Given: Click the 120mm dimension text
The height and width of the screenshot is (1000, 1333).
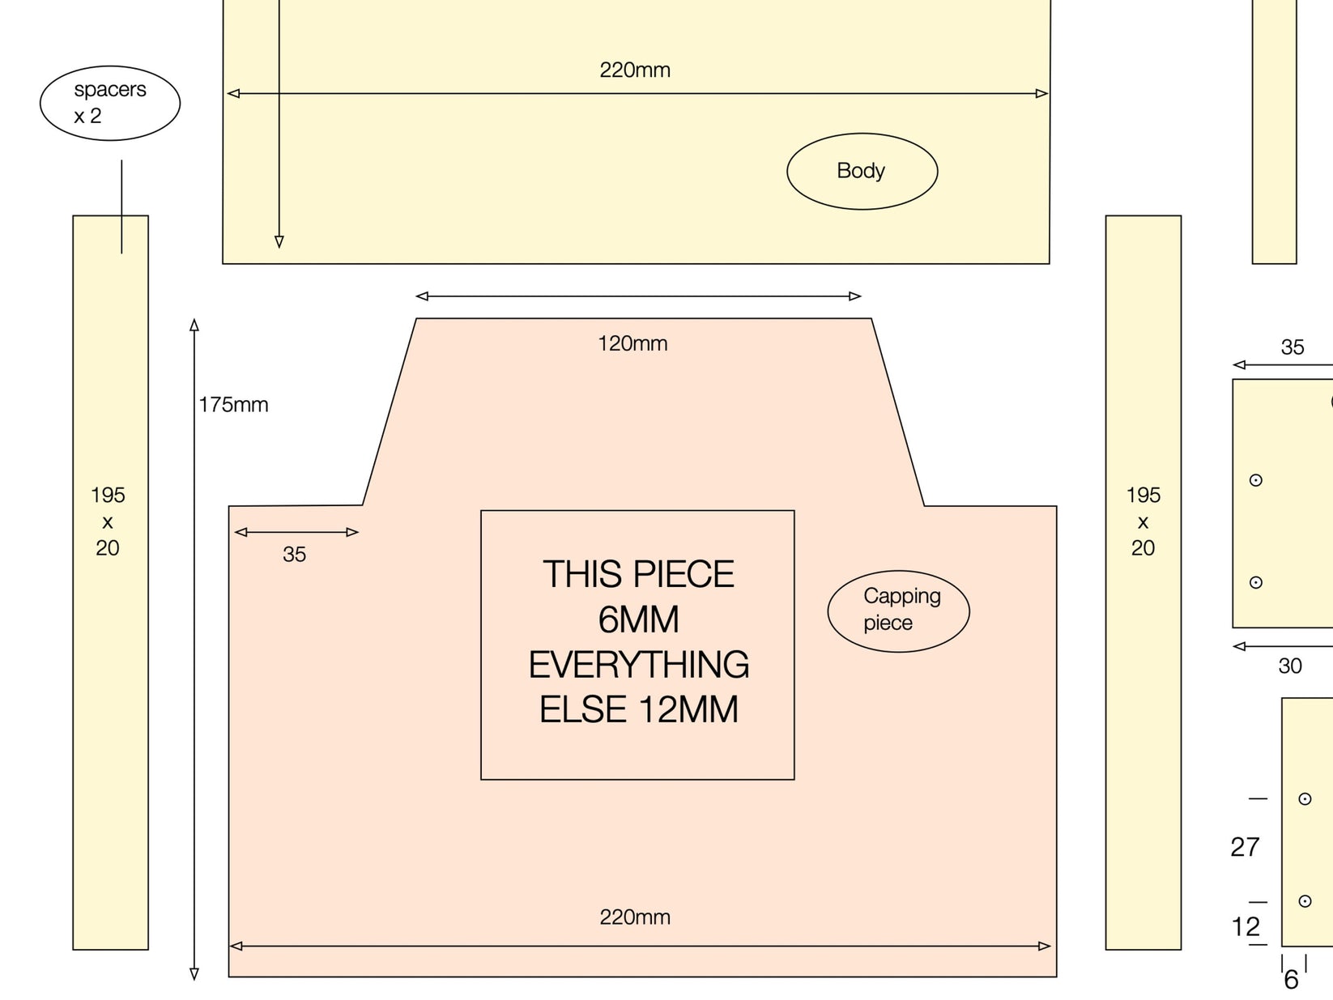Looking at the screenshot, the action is click(632, 343).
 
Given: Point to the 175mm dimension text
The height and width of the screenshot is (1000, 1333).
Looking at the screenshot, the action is click(234, 404).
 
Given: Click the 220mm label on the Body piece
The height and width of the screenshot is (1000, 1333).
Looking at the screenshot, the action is click(635, 70).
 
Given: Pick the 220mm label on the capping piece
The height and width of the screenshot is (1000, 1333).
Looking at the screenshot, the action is click(635, 917).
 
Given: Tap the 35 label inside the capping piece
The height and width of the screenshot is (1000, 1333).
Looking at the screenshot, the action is click(295, 555).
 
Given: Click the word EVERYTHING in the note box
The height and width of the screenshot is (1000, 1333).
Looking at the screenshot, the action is click(639, 664).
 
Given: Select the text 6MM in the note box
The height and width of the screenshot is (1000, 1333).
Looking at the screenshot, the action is click(639, 619).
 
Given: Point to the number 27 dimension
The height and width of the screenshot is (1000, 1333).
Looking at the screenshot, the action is click(1245, 847).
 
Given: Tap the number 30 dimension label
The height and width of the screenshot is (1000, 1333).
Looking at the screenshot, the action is click(1290, 666).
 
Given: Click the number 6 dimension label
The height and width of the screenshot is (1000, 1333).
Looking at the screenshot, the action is click(1291, 980).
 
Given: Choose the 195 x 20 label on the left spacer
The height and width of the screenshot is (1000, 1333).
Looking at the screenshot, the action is click(108, 521).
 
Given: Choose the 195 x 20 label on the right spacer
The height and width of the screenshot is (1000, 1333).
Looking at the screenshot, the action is click(1143, 521).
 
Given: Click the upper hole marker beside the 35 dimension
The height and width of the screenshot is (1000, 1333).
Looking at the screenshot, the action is click(1256, 480).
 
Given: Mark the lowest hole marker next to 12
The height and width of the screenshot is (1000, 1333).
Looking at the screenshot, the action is click(1305, 901).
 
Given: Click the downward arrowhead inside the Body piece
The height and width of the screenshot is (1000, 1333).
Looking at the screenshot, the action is click(279, 241).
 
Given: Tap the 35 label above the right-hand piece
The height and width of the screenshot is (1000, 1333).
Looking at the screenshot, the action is click(1293, 347).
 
